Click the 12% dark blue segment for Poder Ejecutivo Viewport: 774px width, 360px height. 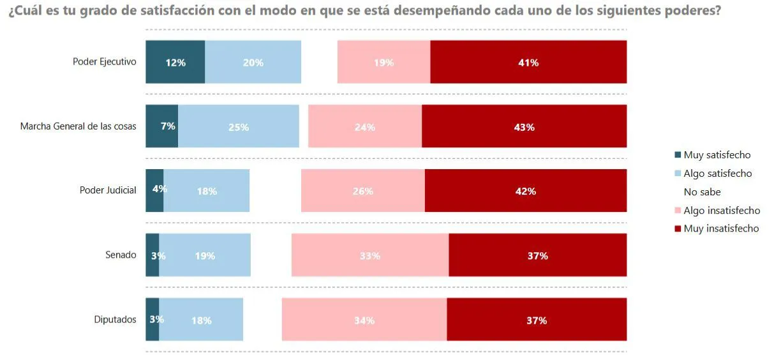click(175, 62)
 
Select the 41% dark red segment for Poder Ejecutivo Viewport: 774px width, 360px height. click(528, 62)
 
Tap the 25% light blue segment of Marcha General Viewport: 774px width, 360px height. click(239, 126)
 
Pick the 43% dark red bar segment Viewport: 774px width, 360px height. click(524, 126)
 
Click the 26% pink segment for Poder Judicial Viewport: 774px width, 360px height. click(362, 191)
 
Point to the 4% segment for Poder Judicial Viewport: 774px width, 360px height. click(154, 190)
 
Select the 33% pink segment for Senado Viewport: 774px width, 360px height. click(370, 255)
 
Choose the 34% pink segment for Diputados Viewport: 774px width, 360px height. click(364, 320)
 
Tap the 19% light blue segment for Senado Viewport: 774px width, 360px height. click(205, 255)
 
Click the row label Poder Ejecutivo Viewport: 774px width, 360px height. click(104, 62)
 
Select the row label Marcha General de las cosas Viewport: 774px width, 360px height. click(78, 126)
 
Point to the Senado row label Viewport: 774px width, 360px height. click(121, 255)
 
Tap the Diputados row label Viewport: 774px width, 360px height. click(115, 319)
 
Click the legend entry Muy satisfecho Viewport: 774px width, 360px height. click(717, 155)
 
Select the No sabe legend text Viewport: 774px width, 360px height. click(702, 192)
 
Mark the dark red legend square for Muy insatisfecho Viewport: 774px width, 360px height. click(678, 229)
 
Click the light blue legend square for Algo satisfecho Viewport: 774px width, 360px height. click(678, 174)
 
